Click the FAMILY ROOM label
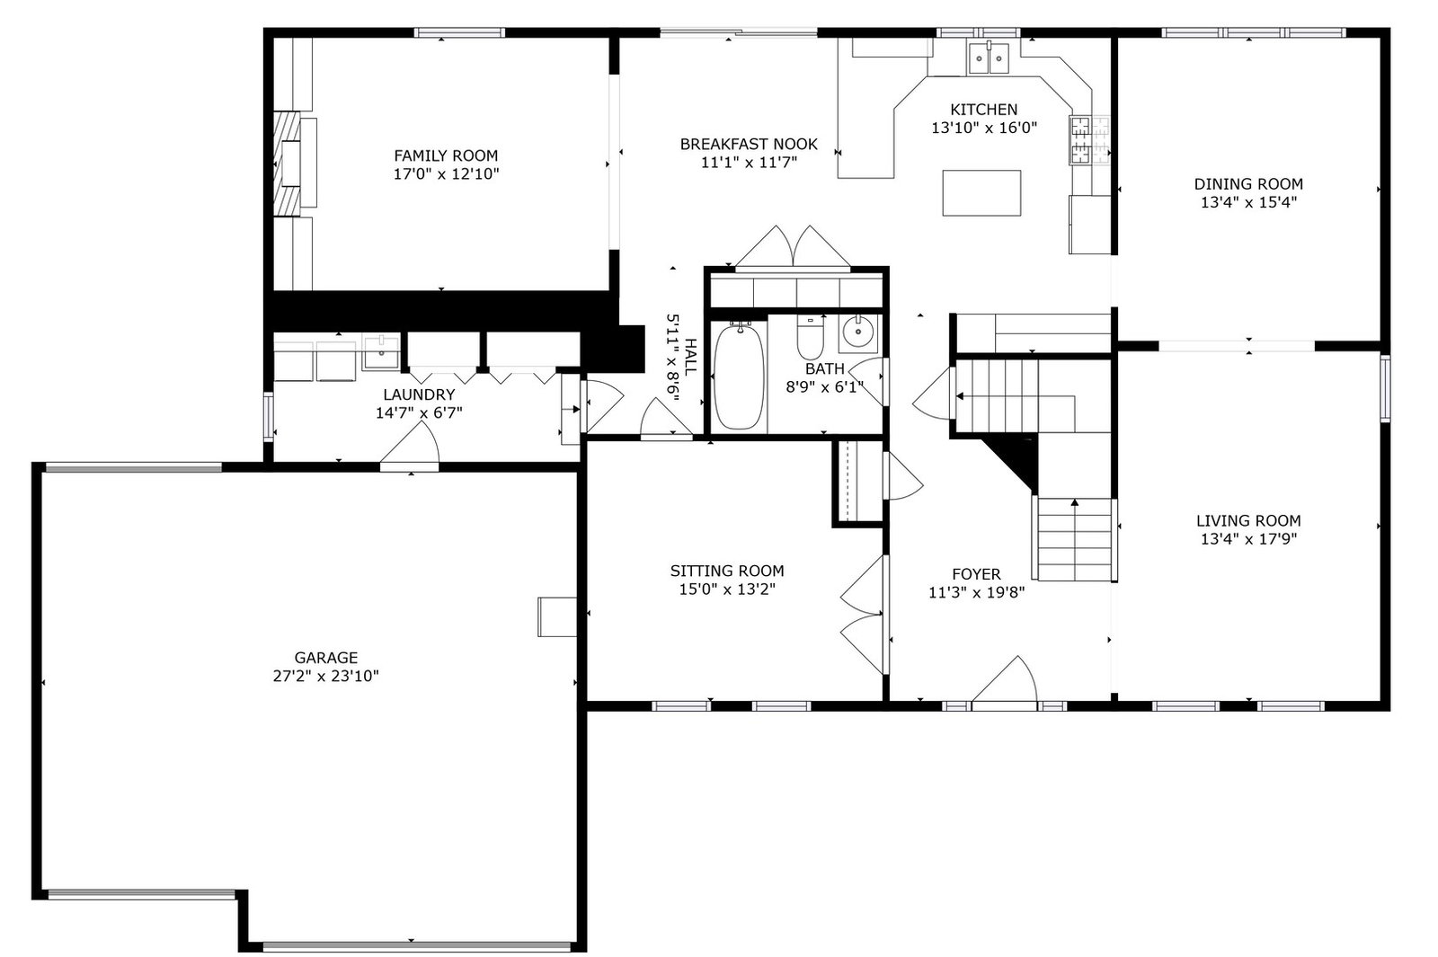click(x=446, y=156)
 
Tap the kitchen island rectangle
click(x=981, y=192)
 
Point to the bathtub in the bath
click(x=739, y=377)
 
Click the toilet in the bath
click(x=810, y=337)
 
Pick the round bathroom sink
click(x=858, y=332)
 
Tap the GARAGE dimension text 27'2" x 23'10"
click(x=326, y=676)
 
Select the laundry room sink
click(x=381, y=352)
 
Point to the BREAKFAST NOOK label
click(x=749, y=145)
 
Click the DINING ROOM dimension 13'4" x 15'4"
click(x=1248, y=202)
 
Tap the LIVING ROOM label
click(x=1248, y=520)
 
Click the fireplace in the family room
click(x=288, y=163)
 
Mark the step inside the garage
click(x=557, y=616)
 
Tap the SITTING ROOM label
click(x=727, y=572)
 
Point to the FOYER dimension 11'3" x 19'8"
click(x=976, y=592)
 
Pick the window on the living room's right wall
click(x=1385, y=388)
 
